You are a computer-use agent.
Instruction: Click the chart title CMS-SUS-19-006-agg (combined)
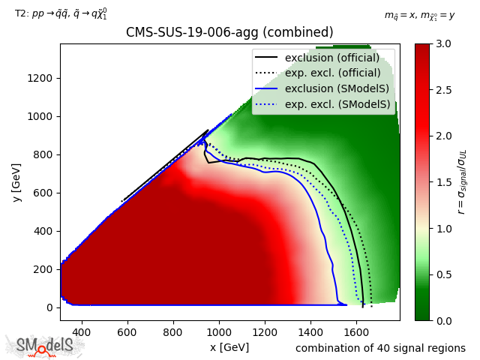(229, 33)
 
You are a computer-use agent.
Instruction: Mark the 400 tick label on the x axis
(81, 331)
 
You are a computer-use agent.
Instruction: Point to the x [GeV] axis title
(229, 347)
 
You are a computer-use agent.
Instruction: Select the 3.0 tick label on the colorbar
(443, 44)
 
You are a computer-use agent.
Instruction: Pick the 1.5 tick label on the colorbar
(443, 182)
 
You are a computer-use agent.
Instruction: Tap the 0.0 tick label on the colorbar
(443, 320)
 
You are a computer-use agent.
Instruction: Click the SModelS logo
(45, 346)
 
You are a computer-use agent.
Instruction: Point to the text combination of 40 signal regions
(380, 348)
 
